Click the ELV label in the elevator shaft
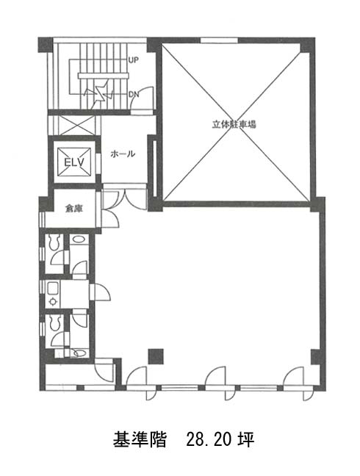(x=74, y=162)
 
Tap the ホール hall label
(x=123, y=154)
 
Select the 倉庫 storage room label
(x=74, y=209)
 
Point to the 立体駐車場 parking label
(x=234, y=124)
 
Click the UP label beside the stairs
(x=133, y=60)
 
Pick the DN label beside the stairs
(x=134, y=95)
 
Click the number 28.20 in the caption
(x=209, y=439)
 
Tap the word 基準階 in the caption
(x=140, y=439)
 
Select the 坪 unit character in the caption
(x=246, y=439)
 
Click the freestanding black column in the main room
(x=156, y=356)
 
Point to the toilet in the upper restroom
(x=54, y=242)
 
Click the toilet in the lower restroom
(x=54, y=322)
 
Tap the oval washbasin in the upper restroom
(x=79, y=239)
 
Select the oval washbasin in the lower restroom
(x=79, y=353)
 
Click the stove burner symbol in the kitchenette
(x=53, y=301)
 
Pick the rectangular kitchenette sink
(x=53, y=289)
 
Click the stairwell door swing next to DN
(x=142, y=100)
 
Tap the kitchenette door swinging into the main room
(x=100, y=292)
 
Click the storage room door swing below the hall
(x=110, y=217)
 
